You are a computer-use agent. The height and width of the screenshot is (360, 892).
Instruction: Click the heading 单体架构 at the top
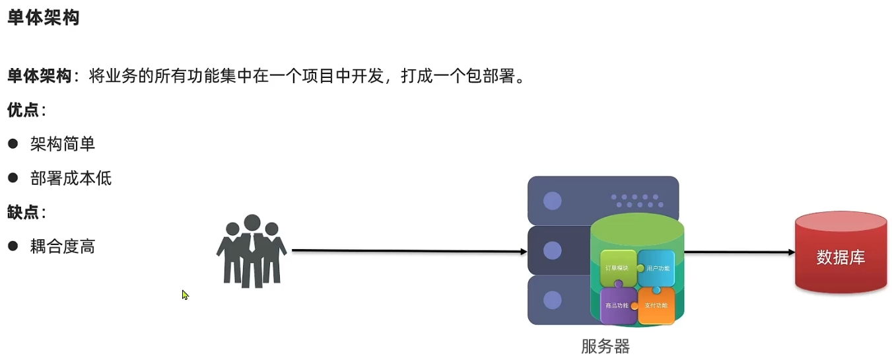pos(44,17)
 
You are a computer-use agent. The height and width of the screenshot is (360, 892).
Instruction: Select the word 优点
pos(23,110)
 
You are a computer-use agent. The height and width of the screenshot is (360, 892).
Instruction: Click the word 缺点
pos(23,212)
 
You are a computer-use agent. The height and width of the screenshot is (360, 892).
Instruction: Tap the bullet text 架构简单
pos(63,144)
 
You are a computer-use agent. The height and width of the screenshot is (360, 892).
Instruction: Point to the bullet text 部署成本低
pos(71,178)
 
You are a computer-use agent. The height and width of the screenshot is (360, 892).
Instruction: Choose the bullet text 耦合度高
pos(63,247)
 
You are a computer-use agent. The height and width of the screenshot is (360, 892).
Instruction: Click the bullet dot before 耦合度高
pos(13,246)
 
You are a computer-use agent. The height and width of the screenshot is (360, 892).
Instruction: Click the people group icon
pos(251,251)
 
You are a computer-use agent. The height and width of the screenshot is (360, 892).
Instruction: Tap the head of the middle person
pos(252,223)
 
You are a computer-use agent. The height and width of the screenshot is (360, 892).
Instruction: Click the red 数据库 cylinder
pos(841,255)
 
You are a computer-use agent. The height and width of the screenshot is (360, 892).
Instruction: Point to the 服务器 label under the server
pos(605,345)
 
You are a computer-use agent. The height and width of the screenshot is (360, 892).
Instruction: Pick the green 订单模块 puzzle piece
pos(618,268)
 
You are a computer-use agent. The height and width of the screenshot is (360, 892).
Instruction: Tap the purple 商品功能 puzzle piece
pos(618,306)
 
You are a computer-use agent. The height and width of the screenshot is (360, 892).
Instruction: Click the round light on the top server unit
pos(553,201)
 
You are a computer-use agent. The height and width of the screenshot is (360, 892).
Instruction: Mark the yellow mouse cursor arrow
pos(185,295)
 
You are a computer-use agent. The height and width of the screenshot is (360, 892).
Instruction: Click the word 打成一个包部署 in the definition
pos(462,76)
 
